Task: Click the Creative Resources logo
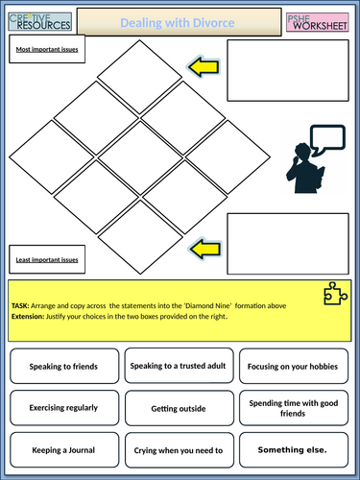click(40, 22)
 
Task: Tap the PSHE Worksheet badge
click(318, 22)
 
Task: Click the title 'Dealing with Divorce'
click(178, 23)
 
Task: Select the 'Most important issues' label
click(47, 49)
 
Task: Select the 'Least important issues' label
click(47, 259)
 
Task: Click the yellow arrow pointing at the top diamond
click(204, 67)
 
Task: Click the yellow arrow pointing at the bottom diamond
click(205, 249)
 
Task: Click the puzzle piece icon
click(335, 294)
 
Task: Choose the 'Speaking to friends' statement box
click(64, 366)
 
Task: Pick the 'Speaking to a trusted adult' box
click(179, 366)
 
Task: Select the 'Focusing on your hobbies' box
click(294, 366)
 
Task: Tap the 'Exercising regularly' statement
click(64, 408)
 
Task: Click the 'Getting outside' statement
click(180, 408)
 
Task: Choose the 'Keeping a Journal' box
click(64, 450)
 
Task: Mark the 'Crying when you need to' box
click(180, 450)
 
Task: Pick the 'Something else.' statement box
click(294, 450)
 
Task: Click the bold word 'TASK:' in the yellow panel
click(20, 306)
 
